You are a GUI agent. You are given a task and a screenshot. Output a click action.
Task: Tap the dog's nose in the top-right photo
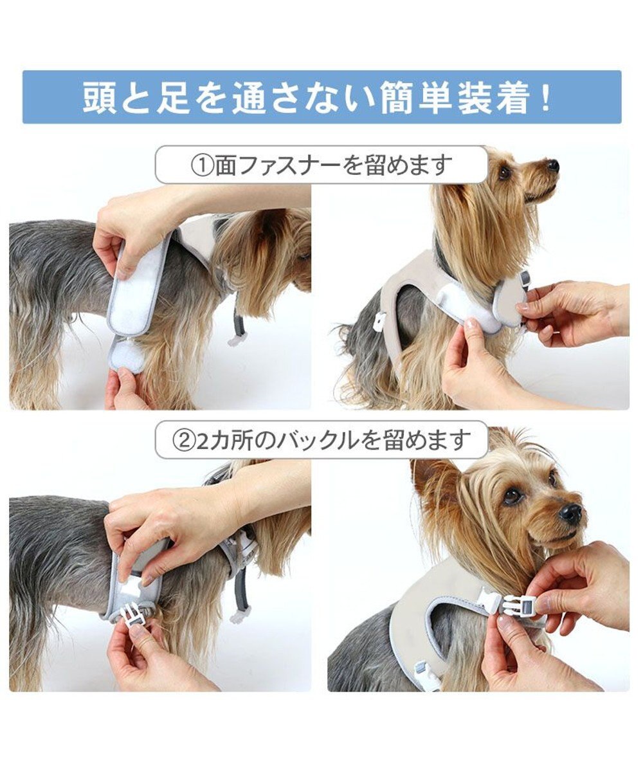pyautogui.click(x=552, y=165)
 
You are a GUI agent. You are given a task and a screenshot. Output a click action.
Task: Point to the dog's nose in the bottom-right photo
pyautogui.click(x=570, y=513)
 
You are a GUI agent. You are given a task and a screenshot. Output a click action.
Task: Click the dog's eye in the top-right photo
pyautogui.click(x=505, y=172)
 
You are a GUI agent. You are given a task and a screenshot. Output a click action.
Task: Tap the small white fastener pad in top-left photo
pyautogui.click(x=127, y=356)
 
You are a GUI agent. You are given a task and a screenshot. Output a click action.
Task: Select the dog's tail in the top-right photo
pyautogui.click(x=348, y=335)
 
